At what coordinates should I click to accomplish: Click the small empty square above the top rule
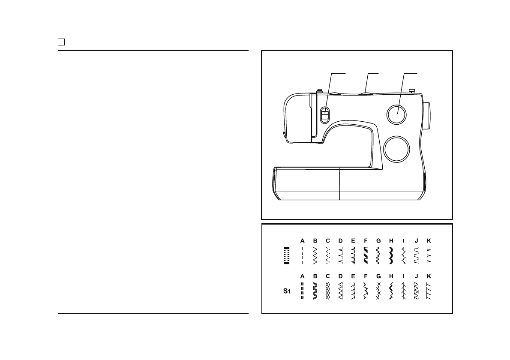[61, 42]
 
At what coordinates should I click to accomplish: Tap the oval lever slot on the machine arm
[325, 115]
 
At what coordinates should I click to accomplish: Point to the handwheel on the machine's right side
[427, 116]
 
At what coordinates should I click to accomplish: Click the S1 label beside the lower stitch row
[287, 291]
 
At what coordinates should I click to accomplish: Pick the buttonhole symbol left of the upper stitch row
[287, 256]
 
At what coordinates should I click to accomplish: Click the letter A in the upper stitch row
[302, 241]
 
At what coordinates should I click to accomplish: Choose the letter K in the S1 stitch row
[429, 276]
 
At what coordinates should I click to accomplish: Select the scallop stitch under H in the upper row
[391, 255]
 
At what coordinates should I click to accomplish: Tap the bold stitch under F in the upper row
[366, 255]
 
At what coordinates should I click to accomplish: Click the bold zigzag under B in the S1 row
[315, 291]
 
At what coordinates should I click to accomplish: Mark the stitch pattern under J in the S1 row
[416, 291]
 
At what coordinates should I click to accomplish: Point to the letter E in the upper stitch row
[353, 241]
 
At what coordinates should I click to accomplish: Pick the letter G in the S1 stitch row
[378, 276]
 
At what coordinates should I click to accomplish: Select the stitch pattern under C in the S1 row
[328, 291]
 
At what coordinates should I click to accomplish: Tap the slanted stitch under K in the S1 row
[429, 291]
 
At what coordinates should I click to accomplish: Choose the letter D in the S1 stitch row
[340, 276]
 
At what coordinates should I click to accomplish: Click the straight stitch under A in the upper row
[302, 255]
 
